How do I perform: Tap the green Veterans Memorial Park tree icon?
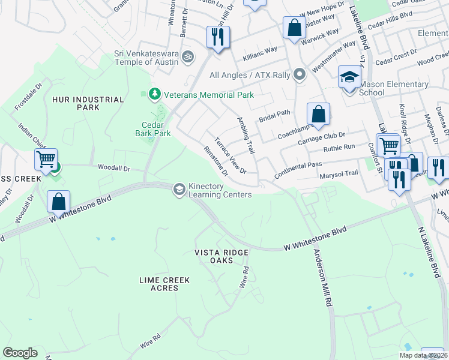[154, 94]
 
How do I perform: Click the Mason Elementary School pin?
[348, 77]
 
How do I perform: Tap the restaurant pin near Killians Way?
[217, 38]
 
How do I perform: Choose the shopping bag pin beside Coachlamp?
[318, 115]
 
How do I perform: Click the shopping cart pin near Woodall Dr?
[46, 160]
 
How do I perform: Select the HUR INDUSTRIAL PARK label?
[88, 103]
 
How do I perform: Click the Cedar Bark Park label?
[152, 129]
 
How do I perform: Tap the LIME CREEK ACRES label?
[164, 284]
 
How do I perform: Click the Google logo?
[20, 353]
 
